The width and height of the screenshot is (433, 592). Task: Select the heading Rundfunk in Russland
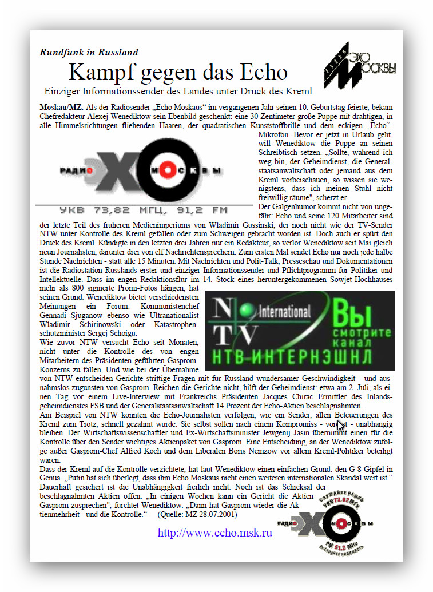[x=89, y=52]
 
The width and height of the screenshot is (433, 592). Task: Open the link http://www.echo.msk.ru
[x=214, y=533]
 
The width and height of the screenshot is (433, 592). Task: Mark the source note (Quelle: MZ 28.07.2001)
[x=198, y=515]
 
